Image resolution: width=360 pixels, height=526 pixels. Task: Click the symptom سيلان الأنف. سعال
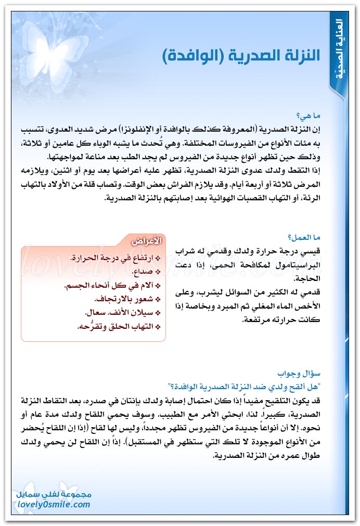click(x=120, y=313)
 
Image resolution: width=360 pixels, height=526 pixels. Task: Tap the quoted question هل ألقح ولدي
click(x=291, y=387)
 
